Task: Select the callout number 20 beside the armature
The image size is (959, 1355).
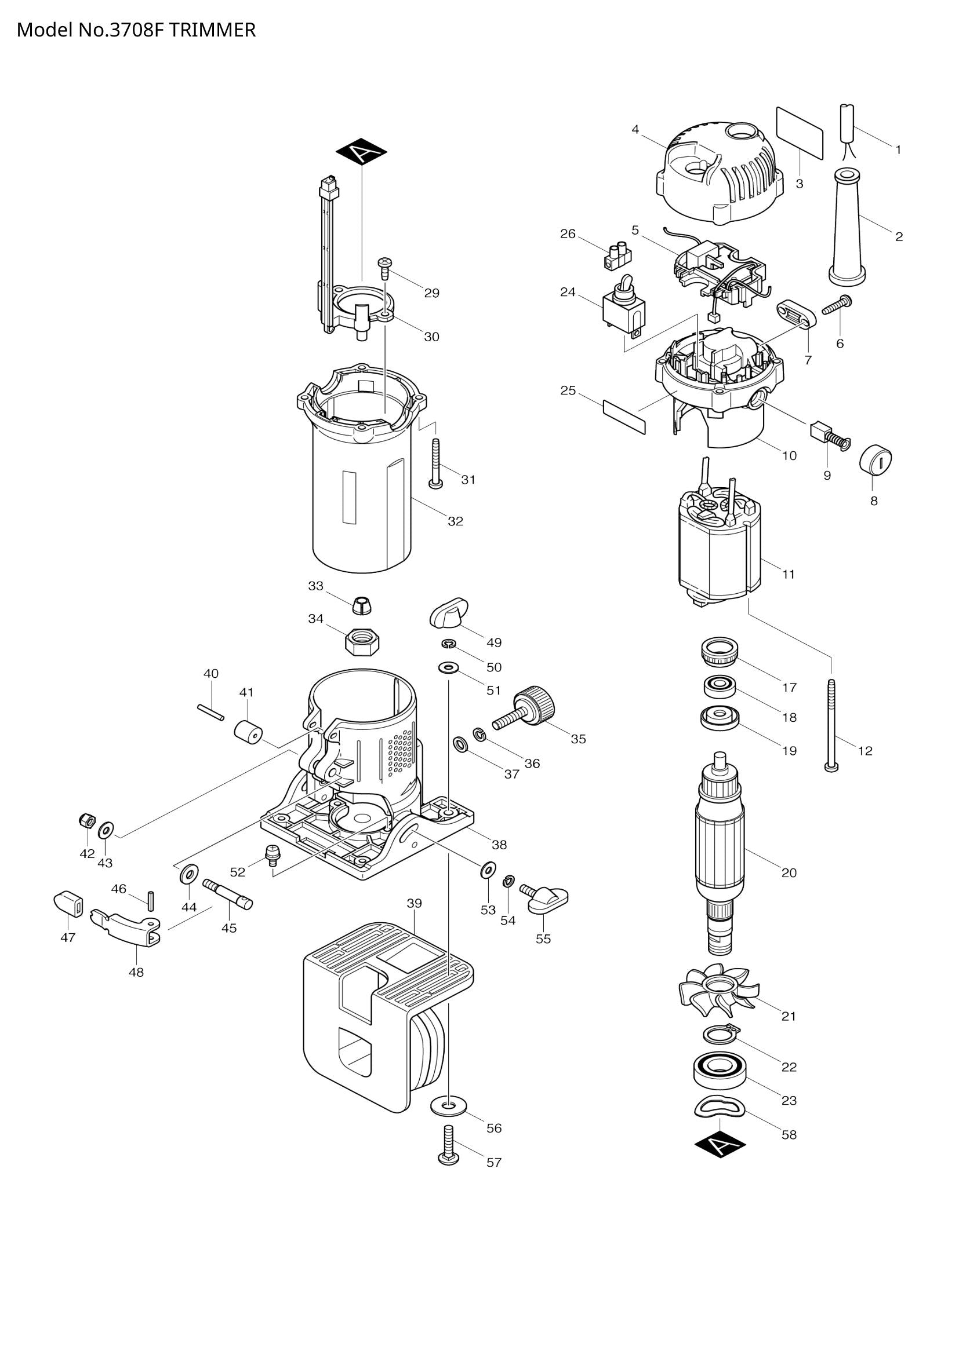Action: (789, 873)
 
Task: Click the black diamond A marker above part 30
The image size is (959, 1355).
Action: (361, 153)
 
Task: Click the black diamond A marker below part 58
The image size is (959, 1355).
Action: (720, 1145)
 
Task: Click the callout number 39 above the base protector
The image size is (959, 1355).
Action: (414, 904)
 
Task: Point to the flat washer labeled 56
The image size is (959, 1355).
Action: (448, 1104)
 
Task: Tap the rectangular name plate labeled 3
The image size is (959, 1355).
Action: (799, 133)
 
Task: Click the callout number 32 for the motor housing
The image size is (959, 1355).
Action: (455, 521)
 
